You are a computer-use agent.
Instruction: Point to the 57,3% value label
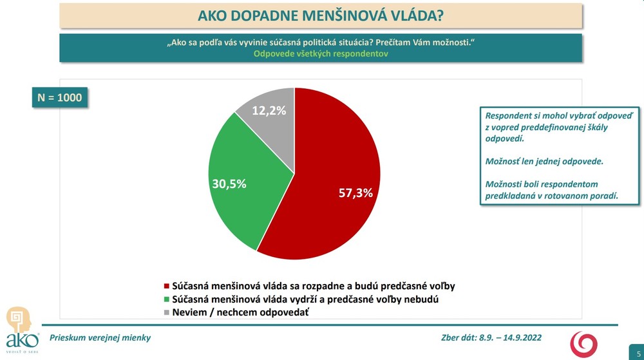(x=355, y=192)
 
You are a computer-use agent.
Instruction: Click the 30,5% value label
(x=229, y=184)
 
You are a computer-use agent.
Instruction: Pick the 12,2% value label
(x=269, y=110)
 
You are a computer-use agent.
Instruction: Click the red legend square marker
(x=167, y=285)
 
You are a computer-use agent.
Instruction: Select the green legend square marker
(x=167, y=299)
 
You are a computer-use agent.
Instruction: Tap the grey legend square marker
(x=167, y=312)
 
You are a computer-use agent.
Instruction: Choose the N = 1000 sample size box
(x=60, y=99)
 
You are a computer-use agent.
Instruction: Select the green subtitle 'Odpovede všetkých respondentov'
(x=321, y=54)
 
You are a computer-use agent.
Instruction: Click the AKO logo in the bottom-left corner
(x=23, y=328)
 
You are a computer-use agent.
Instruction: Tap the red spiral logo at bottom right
(x=584, y=343)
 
